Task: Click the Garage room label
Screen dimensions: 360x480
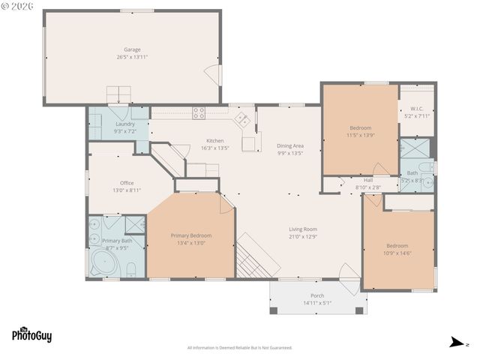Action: (x=132, y=49)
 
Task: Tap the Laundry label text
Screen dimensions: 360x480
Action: (x=125, y=124)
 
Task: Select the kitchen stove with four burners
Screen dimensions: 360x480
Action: (x=199, y=114)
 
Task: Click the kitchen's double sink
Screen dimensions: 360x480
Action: (x=243, y=118)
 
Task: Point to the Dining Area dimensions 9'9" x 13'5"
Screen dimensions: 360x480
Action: (x=289, y=153)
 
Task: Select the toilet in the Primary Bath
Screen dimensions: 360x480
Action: (x=130, y=268)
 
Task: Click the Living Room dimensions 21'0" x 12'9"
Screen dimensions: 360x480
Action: (x=304, y=236)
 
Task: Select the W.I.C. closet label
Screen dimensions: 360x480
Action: (x=418, y=109)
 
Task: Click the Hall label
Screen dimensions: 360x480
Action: (x=368, y=180)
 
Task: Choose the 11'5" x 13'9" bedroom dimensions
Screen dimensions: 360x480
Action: (x=359, y=135)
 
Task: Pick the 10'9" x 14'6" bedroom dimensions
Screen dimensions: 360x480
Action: (x=397, y=253)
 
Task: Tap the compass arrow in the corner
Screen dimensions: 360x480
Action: (x=454, y=343)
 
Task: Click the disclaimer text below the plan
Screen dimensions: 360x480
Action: (x=239, y=347)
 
